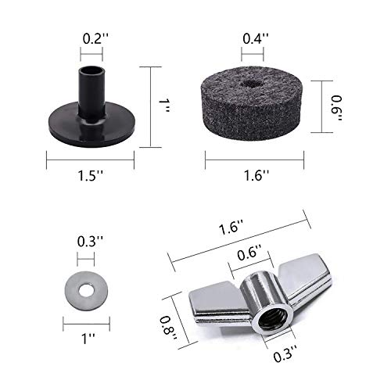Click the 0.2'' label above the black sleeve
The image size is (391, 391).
92,36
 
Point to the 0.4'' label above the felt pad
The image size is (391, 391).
253,36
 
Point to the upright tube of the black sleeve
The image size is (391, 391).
92,86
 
